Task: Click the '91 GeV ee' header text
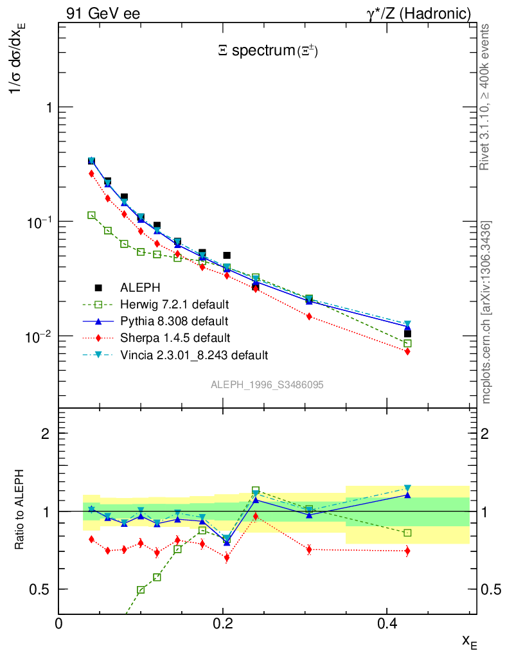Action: (103, 13)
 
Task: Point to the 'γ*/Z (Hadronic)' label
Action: (418, 13)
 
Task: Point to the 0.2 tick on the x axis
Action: (223, 623)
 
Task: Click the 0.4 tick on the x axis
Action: (387, 623)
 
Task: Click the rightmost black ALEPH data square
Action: (407, 333)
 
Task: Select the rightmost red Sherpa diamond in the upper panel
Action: (407, 351)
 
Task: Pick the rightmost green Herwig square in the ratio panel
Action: (407, 533)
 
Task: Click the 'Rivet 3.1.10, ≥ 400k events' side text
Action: (485, 96)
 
